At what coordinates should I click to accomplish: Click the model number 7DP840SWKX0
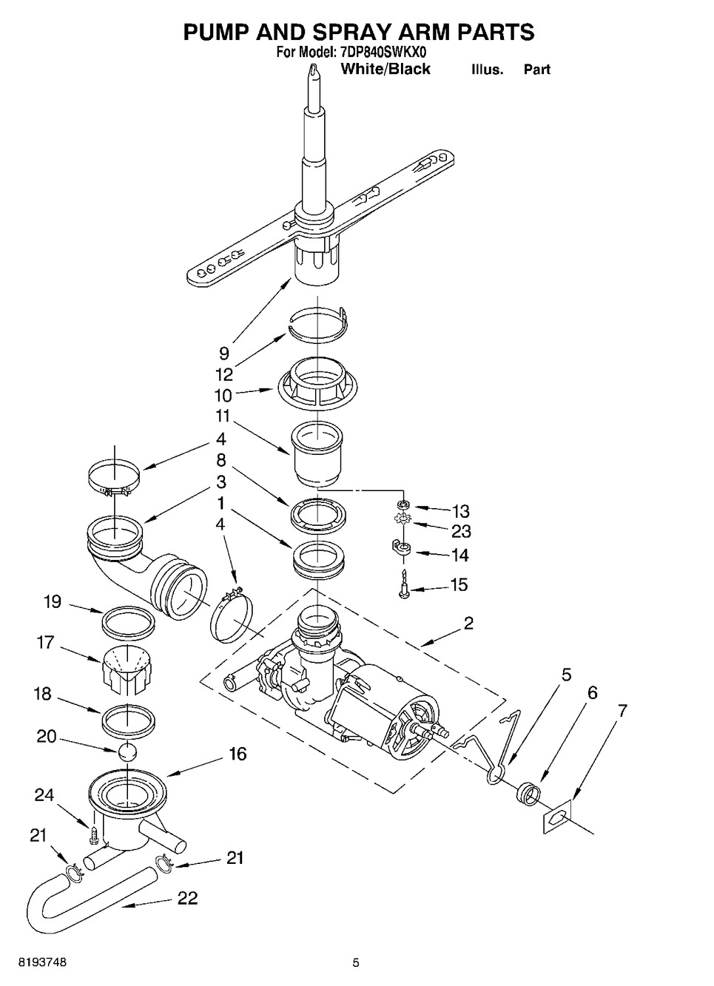(383, 53)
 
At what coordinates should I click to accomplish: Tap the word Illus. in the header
(488, 70)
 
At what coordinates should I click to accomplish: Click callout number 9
(224, 353)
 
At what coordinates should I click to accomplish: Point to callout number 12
(224, 374)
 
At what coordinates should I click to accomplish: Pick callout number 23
(462, 532)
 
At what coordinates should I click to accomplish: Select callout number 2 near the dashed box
(468, 623)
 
